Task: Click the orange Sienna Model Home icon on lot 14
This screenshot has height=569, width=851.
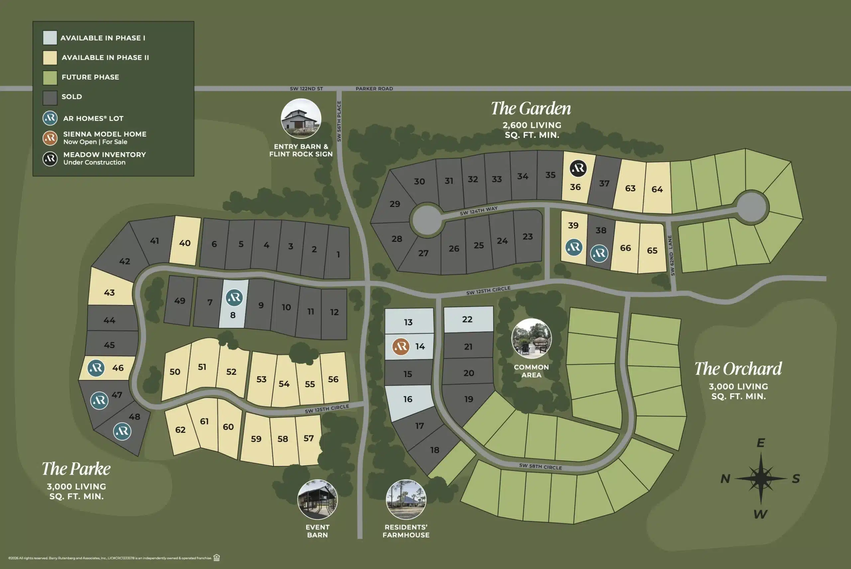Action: pyautogui.click(x=401, y=347)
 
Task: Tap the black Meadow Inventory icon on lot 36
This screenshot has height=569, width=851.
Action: pyautogui.click(x=578, y=168)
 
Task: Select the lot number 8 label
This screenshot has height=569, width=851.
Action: pyautogui.click(x=233, y=315)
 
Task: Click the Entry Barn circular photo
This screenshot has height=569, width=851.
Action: pyautogui.click(x=301, y=119)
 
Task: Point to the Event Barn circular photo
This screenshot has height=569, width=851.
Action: pyautogui.click(x=317, y=500)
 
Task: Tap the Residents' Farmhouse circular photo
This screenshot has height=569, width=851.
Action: pyautogui.click(x=406, y=500)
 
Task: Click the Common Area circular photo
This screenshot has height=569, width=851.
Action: pyautogui.click(x=532, y=338)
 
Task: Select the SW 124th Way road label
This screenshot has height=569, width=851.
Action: pyautogui.click(x=478, y=211)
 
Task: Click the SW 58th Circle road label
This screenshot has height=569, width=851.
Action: pyautogui.click(x=540, y=467)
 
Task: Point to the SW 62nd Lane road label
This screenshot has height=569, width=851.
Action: pyautogui.click(x=671, y=255)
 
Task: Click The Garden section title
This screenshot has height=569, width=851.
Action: pyautogui.click(x=531, y=109)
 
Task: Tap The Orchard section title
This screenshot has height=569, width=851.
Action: pyautogui.click(x=738, y=369)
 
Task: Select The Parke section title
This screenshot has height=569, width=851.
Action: pyautogui.click(x=76, y=468)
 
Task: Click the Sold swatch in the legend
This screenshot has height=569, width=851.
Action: pyautogui.click(x=50, y=97)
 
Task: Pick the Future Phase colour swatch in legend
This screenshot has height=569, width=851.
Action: pyautogui.click(x=50, y=77)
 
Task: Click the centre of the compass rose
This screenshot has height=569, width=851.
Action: pyautogui.click(x=761, y=478)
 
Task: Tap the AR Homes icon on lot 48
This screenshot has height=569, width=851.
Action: pyautogui.click(x=122, y=431)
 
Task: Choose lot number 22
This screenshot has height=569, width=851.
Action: pyautogui.click(x=467, y=319)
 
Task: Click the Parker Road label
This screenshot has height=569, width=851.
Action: pyautogui.click(x=374, y=89)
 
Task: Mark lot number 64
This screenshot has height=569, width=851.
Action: pyautogui.click(x=657, y=189)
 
